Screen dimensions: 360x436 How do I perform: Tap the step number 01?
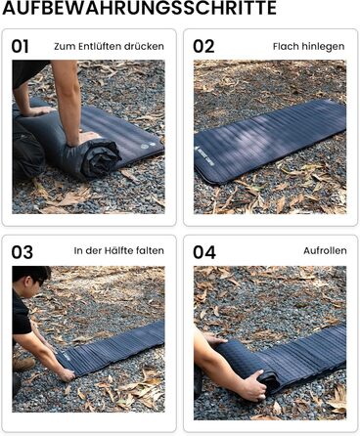click(x=21, y=47)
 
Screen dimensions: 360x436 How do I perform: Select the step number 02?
click(x=203, y=47)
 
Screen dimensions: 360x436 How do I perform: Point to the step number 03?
click(x=22, y=252)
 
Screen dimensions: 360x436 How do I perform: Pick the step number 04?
click(x=204, y=252)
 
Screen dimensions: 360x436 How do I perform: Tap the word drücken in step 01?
click(x=147, y=47)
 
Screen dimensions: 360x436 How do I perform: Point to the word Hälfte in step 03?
click(x=120, y=250)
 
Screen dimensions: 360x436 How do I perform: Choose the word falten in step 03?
click(x=151, y=250)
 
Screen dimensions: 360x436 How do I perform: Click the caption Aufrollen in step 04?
click(x=325, y=250)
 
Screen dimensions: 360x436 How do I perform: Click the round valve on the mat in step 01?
click(x=145, y=147)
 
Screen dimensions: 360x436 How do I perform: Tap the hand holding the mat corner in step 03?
click(x=67, y=375)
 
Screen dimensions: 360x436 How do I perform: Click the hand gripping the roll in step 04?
click(x=252, y=385)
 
